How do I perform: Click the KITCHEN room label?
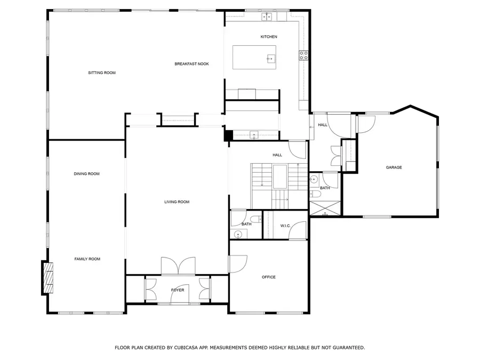[269, 37]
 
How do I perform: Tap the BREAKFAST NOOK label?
[191, 64]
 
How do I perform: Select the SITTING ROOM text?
[102, 73]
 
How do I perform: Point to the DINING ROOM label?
[87, 174]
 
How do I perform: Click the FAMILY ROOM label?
[87, 259]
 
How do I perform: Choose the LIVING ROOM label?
[177, 202]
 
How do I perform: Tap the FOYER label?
[178, 290]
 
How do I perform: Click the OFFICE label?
[268, 277]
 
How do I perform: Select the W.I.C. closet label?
[285, 226]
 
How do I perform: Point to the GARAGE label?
[394, 167]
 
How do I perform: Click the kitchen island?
[254, 58]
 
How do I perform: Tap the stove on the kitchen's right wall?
[304, 56]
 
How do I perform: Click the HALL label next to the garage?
[323, 125]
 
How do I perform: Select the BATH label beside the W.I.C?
[246, 224]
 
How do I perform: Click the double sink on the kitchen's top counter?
[267, 17]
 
